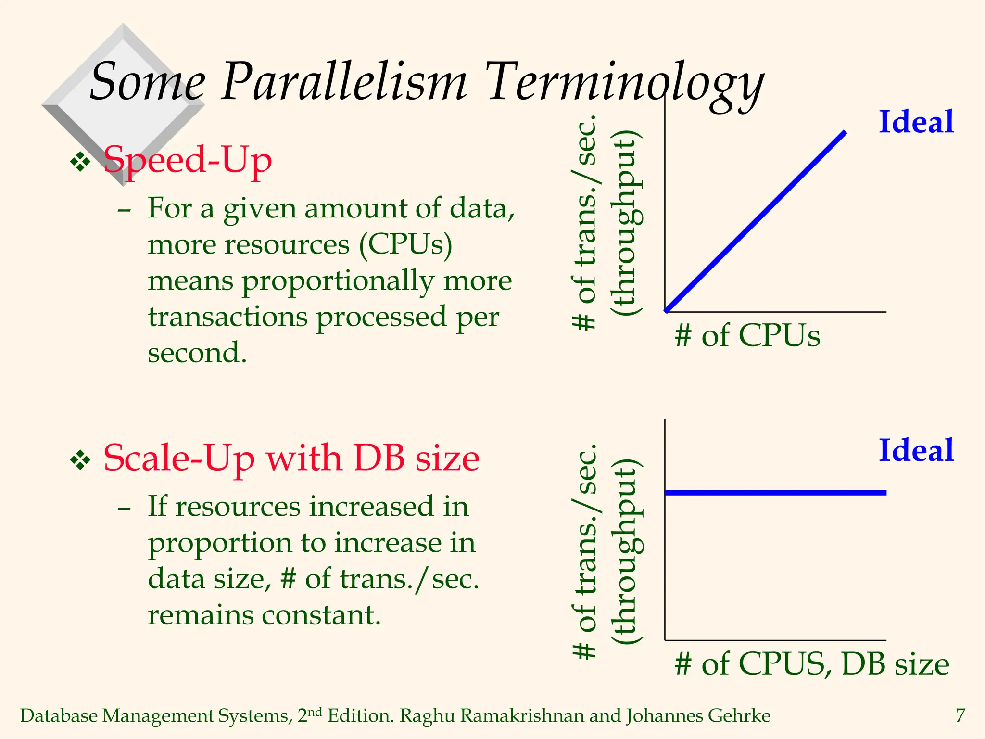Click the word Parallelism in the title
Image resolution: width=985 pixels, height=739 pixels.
tap(343, 82)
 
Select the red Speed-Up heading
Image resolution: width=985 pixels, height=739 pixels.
tap(188, 161)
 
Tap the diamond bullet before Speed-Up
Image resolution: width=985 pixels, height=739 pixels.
tap(80, 162)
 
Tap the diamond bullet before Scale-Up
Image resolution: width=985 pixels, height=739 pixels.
tap(80, 460)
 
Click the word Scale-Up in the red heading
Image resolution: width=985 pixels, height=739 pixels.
tap(178, 459)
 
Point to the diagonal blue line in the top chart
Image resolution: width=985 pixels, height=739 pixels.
tap(756, 221)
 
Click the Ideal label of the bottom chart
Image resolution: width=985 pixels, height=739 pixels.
tap(916, 451)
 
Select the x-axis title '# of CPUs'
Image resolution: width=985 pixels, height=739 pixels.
tap(747, 335)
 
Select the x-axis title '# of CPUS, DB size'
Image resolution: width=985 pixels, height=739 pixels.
tap(811, 664)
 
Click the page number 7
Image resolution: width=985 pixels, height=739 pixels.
tap(960, 716)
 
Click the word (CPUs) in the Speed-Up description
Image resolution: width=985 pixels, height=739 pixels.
tap(405, 245)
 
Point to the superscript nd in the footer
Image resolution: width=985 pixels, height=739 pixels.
tap(315, 712)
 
